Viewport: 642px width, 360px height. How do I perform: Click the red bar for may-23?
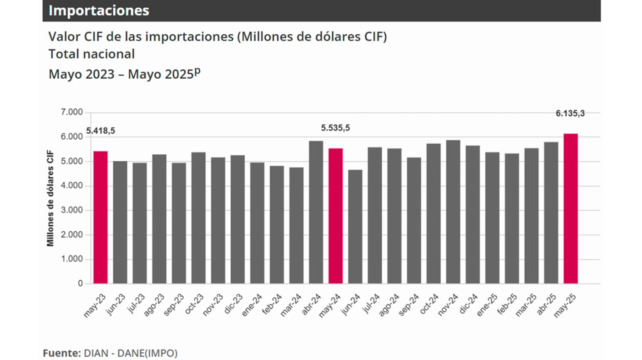click(100, 218)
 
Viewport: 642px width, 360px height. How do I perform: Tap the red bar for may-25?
click(571, 209)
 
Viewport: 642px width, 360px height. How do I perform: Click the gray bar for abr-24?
click(316, 213)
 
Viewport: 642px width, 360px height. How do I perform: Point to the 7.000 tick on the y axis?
click(73, 113)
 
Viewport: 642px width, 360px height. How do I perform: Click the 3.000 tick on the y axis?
click(73, 211)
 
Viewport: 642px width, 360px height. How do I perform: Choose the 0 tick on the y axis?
click(80, 284)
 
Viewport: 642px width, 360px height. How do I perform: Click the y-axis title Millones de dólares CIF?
click(51, 198)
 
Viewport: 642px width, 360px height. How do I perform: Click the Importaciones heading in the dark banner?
click(99, 11)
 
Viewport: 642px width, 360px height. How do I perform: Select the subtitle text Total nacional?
click(92, 54)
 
